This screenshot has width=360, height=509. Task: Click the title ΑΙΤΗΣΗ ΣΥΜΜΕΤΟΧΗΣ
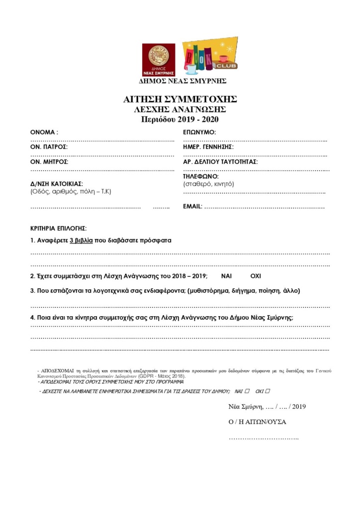pos(180,99)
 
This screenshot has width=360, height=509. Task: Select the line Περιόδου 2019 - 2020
pos(180,119)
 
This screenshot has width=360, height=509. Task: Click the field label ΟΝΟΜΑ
pos(44,133)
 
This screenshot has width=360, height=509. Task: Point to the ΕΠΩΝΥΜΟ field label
pos(199,133)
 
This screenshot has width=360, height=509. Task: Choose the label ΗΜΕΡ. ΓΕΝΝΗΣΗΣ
pos(208,147)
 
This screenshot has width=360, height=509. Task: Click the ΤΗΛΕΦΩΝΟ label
pos(201,176)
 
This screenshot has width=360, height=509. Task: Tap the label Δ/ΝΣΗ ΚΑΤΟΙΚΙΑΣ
pos(57,183)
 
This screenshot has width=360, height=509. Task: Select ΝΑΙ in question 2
pos(226,276)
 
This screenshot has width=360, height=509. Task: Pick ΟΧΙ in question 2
pos(255,276)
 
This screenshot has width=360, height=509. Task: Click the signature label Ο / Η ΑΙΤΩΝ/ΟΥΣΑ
pos(257,422)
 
